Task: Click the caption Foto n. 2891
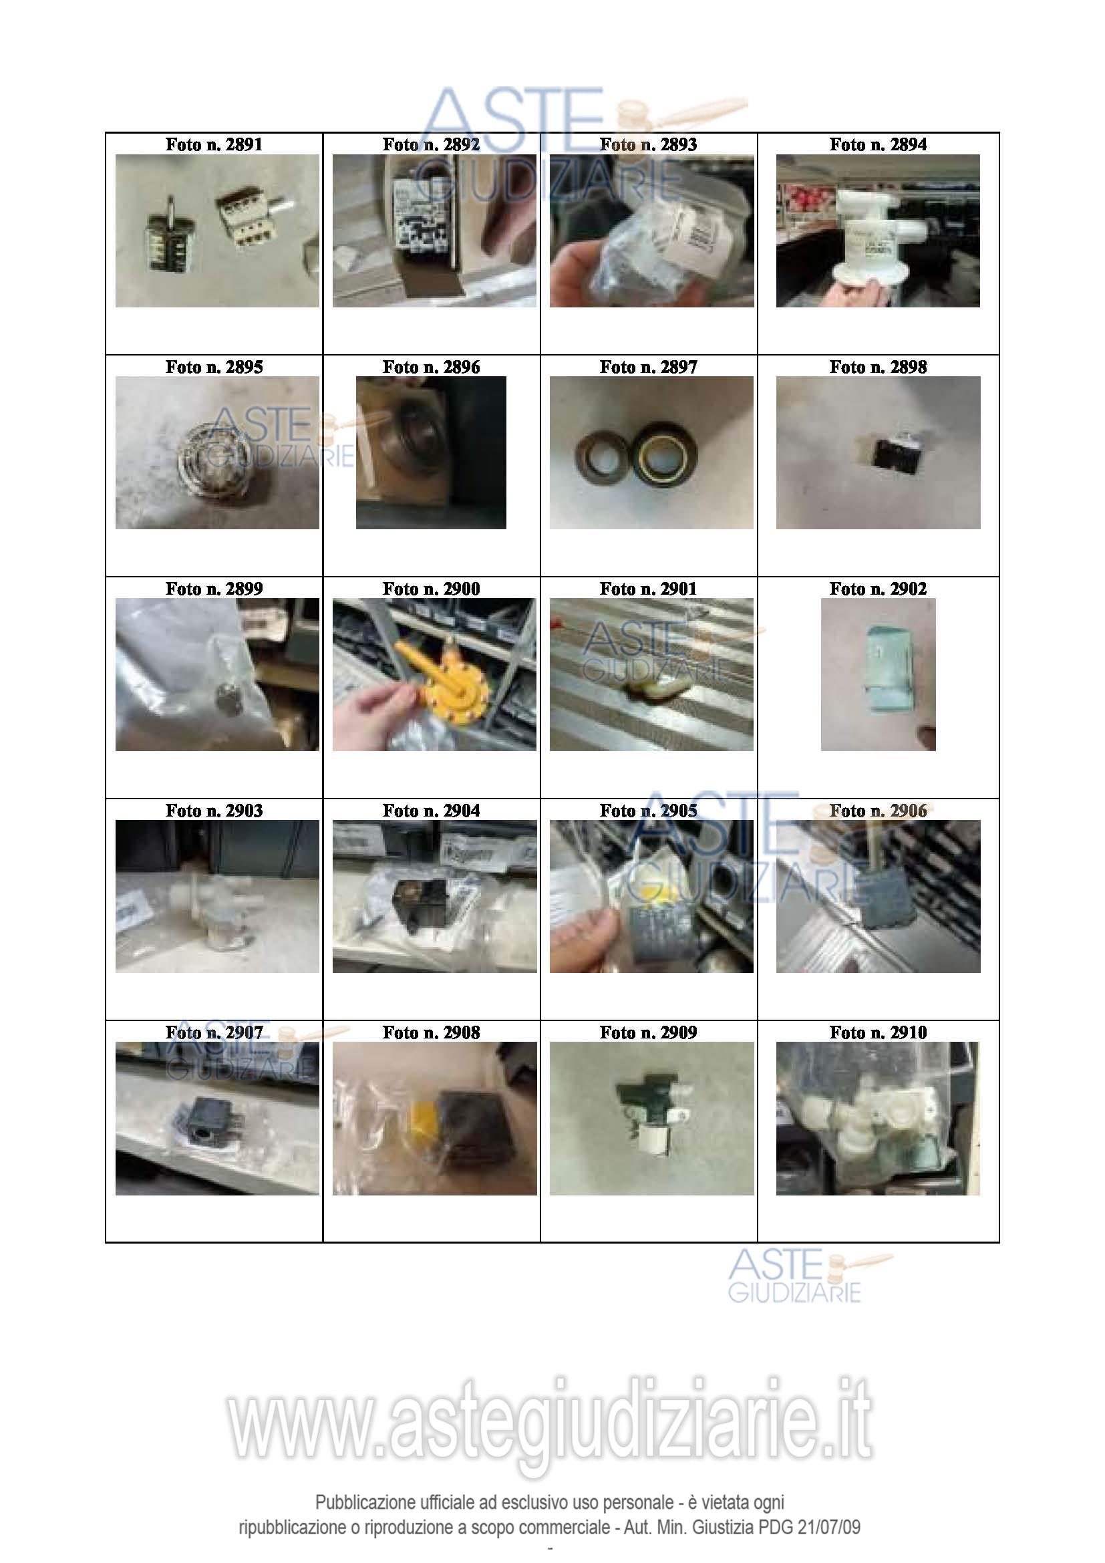pyautogui.click(x=214, y=144)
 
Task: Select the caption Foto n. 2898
pyautogui.click(x=878, y=367)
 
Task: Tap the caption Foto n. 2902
pyautogui.click(x=878, y=589)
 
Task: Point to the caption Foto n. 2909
pyautogui.click(x=649, y=1032)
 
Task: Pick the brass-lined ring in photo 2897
pyautogui.click(x=660, y=452)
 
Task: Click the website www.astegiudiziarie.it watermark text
pyautogui.click(x=550, y=1419)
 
